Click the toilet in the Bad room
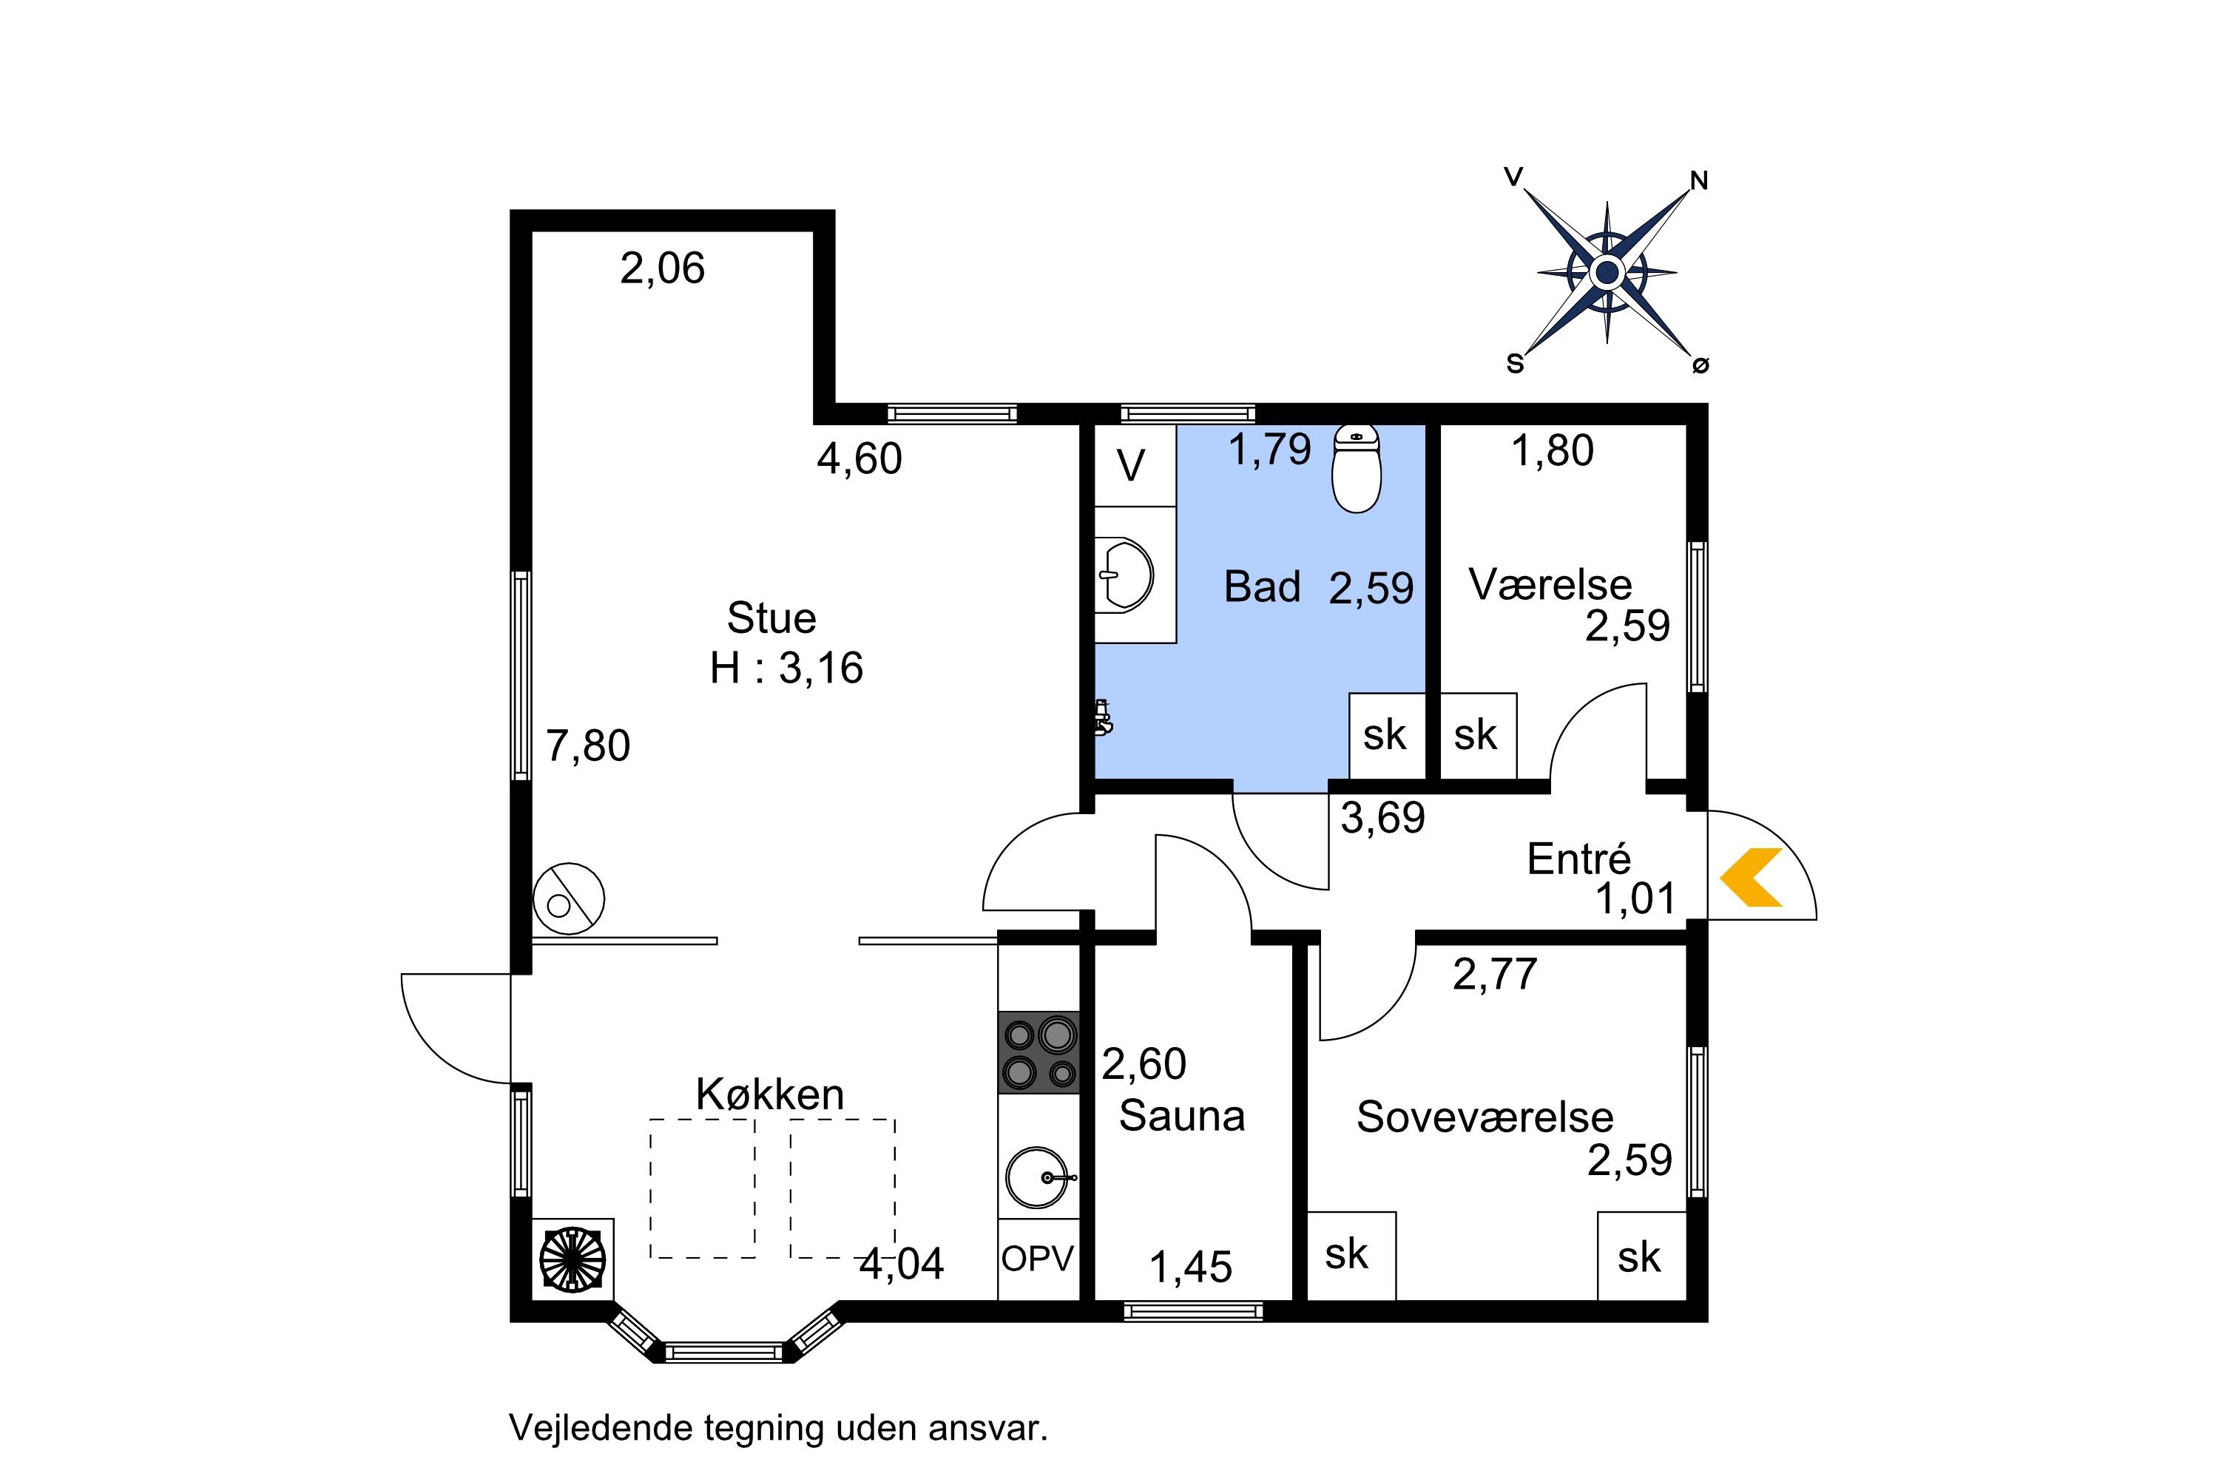[1356, 469]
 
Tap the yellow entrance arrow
[1751, 877]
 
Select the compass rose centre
[1607, 274]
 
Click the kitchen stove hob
[1038, 1052]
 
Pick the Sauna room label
[1182, 1116]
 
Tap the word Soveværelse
[1485, 1117]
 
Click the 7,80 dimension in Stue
[588, 746]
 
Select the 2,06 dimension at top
[662, 269]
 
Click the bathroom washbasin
[1126, 574]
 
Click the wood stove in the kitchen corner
[573, 1259]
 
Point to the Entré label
[1578, 859]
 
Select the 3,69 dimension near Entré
[1383, 818]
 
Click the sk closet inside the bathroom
[1386, 736]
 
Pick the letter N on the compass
[1699, 181]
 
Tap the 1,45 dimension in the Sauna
[1191, 1268]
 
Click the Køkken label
[770, 1094]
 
